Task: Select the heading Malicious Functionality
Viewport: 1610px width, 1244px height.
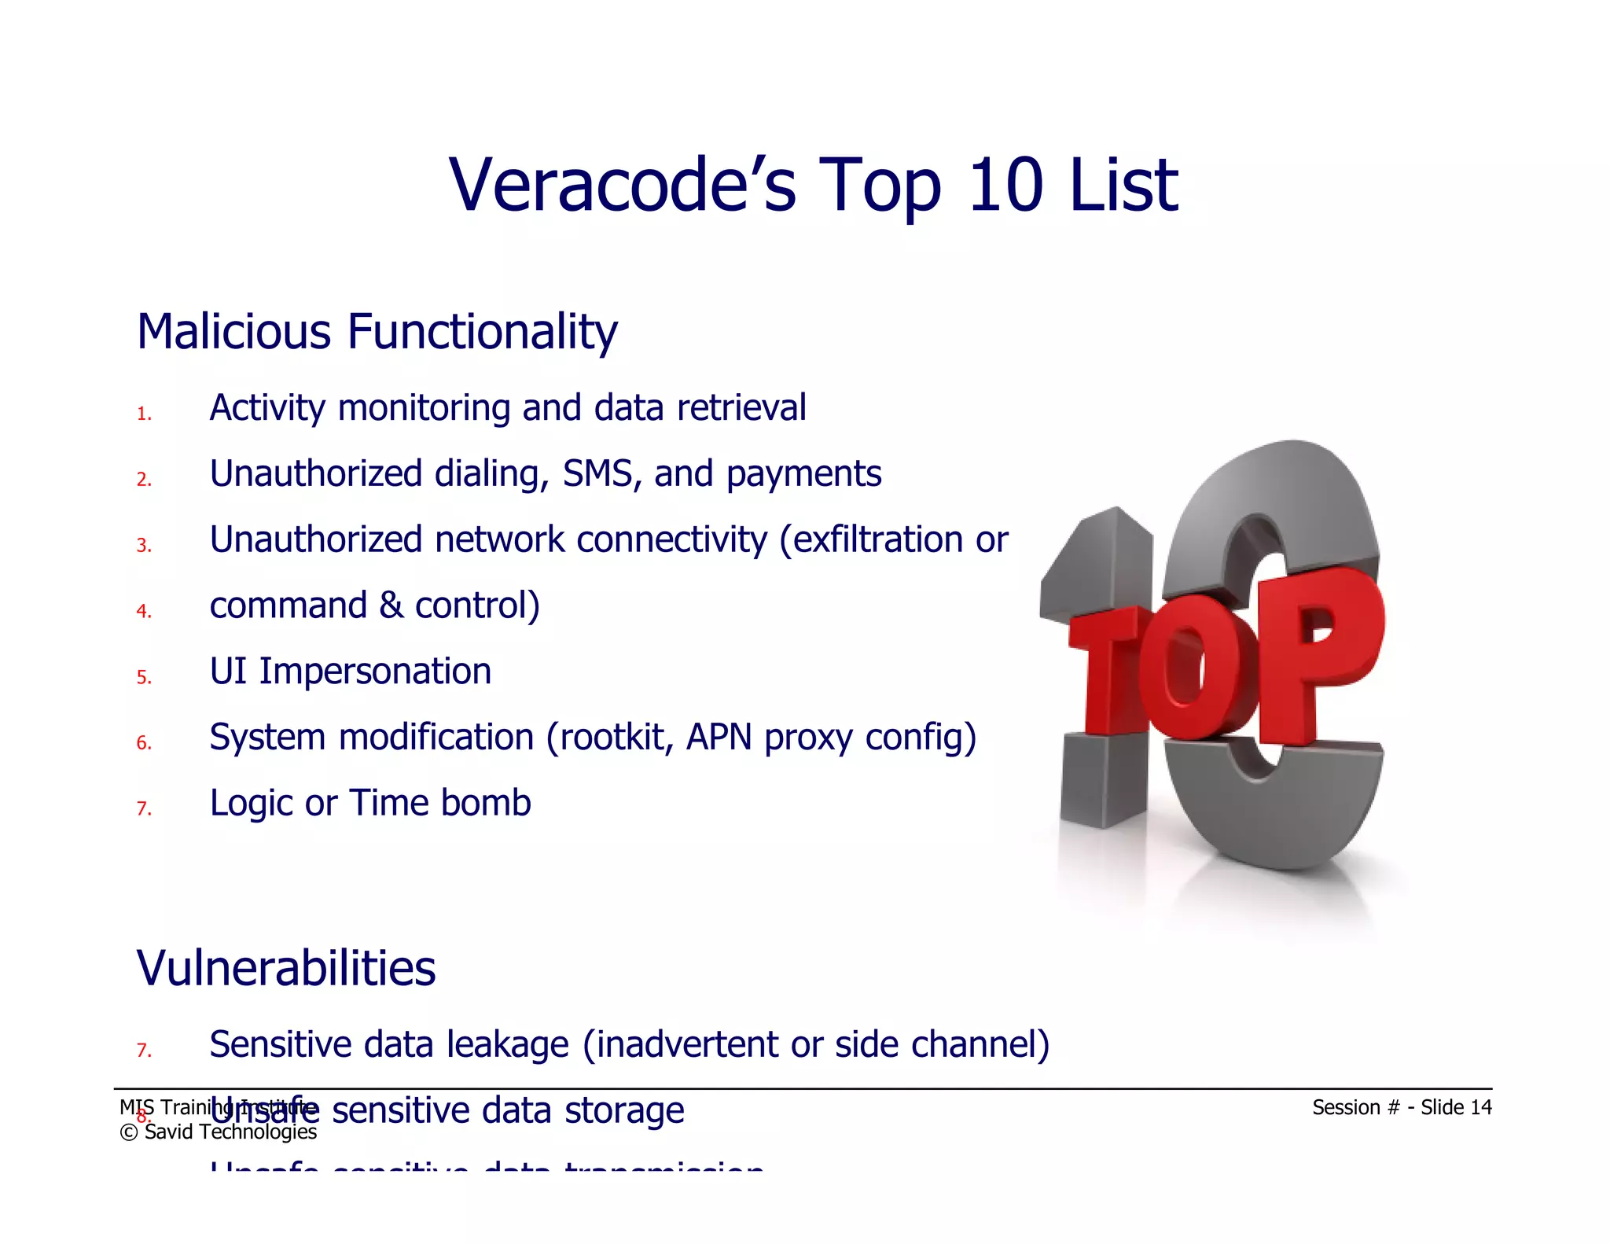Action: [377, 332]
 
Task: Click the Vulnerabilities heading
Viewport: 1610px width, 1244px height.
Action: [286, 968]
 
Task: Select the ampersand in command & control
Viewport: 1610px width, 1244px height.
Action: [391, 605]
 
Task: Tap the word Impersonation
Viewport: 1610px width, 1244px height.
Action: [375, 672]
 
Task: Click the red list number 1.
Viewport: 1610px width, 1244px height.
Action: [144, 414]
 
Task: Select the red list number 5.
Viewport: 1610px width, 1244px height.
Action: [144, 677]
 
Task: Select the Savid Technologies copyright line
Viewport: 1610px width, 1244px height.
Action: [219, 1132]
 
